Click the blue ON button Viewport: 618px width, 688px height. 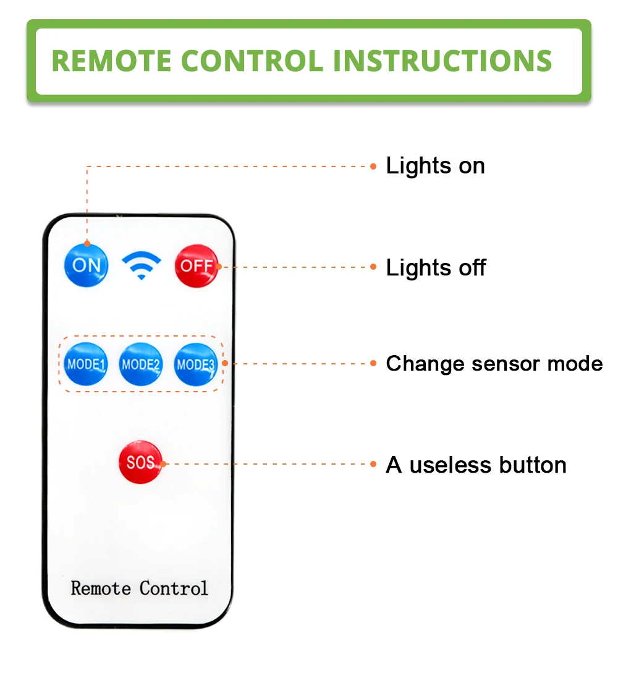pyautogui.click(x=86, y=265)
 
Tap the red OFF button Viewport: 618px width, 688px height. pyautogui.click(x=197, y=266)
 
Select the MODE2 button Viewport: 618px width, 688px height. pyautogui.click(x=141, y=364)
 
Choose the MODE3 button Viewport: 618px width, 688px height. pyautogui.click(x=195, y=364)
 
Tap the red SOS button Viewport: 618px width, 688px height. pyautogui.click(x=140, y=462)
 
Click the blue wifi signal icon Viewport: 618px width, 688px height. pyautogui.click(x=141, y=265)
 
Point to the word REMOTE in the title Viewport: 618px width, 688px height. pyautogui.click(x=111, y=61)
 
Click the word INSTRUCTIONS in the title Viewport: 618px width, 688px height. pyautogui.click(x=442, y=61)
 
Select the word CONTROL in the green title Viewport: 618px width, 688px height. pyautogui.click(x=252, y=61)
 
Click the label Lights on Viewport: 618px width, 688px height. pyautogui.click(x=435, y=166)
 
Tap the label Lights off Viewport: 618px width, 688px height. pyautogui.click(x=436, y=268)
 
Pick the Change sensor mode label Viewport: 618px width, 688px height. pyautogui.click(x=494, y=364)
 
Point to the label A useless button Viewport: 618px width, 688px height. pyautogui.click(x=476, y=465)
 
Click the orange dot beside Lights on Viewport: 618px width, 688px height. pyautogui.click(x=373, y=166)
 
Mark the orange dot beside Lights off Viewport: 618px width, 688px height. pyautogui.click(x=373, y=267)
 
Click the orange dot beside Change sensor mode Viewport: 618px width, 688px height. pyautogui.click(x=373, y=363)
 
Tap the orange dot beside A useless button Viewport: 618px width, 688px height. pyautogui.click(x=373, y=464)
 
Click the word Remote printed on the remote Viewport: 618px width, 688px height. pyautogui.click(x=101, y=588)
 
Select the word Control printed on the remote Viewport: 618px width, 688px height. pyautogui.click(x=174, y=588)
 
